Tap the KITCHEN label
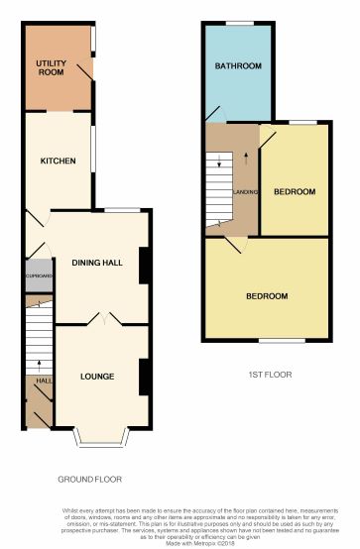58,161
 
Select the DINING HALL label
97,262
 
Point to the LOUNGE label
97,376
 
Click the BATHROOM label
238,66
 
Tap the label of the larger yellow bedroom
267,296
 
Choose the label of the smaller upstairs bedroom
295,191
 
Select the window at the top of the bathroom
238,23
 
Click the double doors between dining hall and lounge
104,320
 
